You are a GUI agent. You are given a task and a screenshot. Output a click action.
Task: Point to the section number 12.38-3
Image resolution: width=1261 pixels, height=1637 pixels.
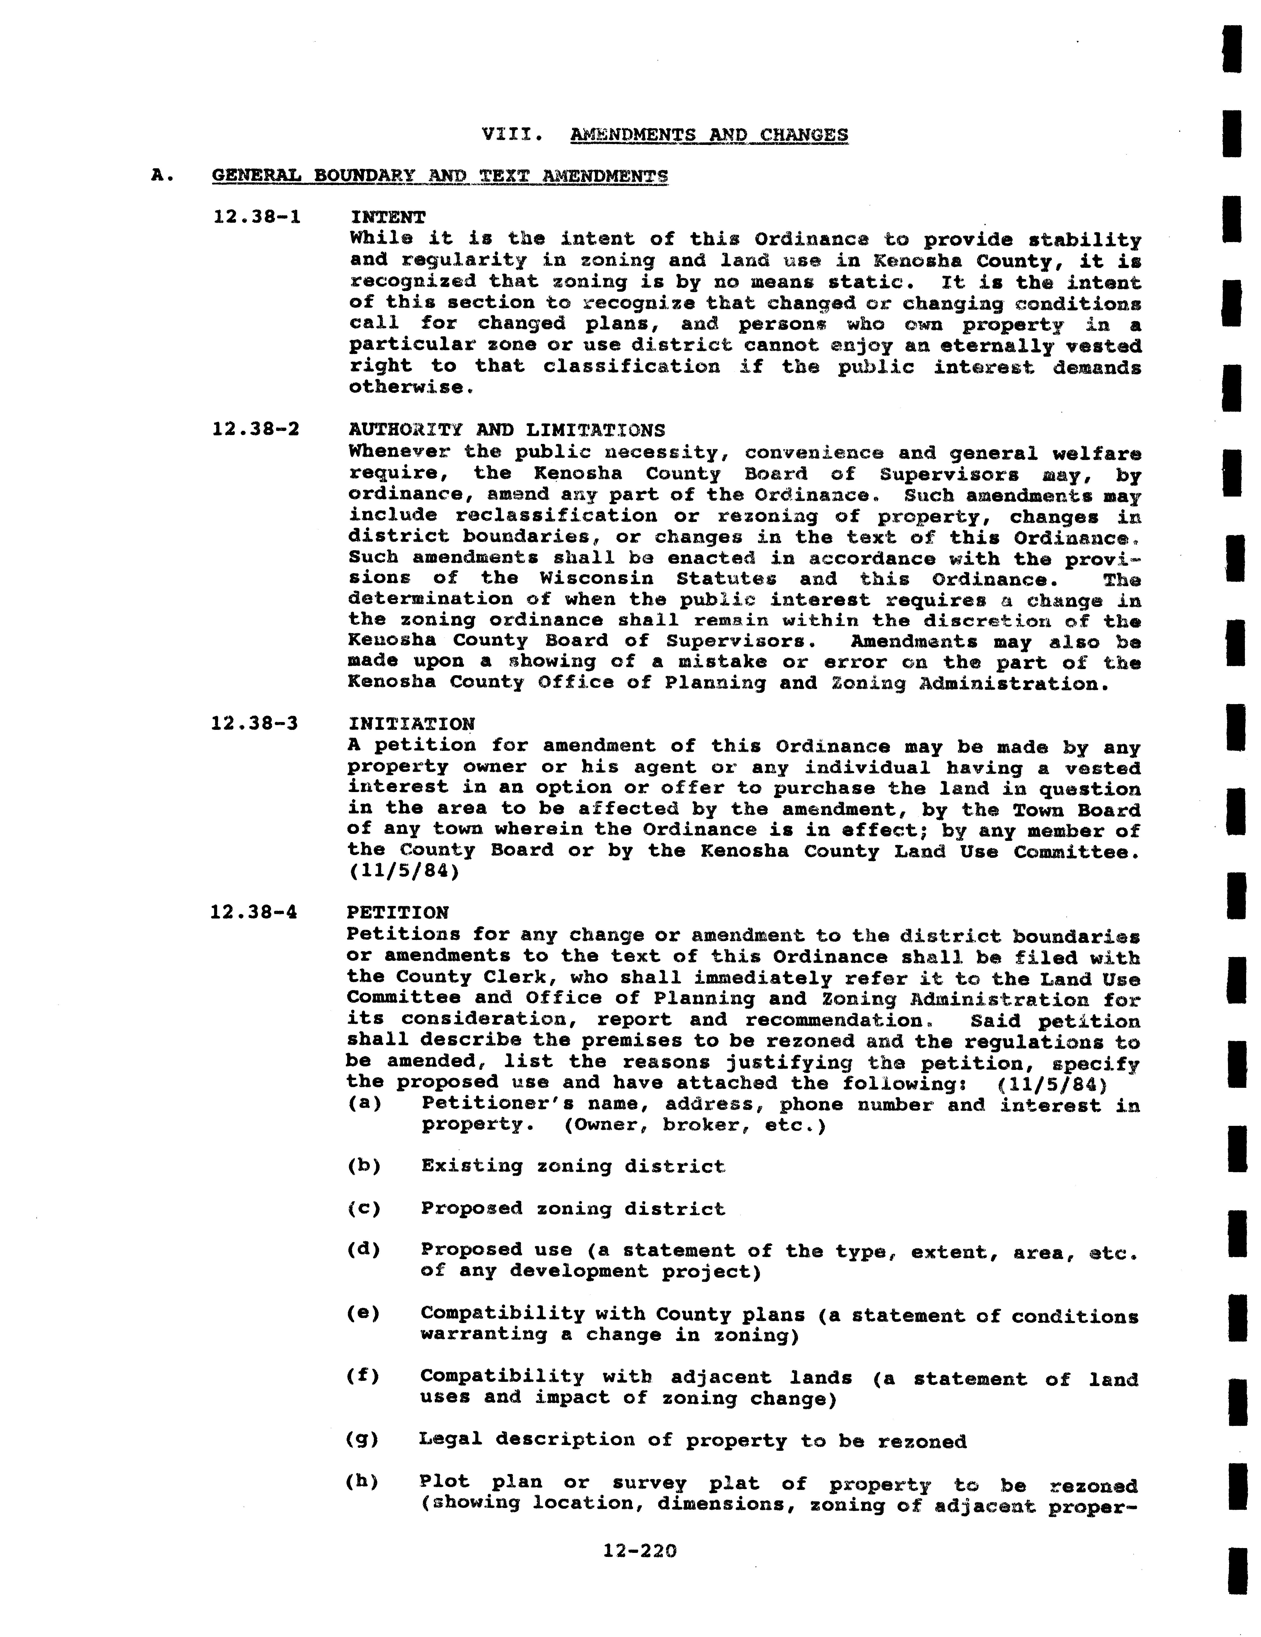255,723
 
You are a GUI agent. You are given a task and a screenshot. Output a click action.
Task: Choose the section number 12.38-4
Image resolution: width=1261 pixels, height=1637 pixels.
254,912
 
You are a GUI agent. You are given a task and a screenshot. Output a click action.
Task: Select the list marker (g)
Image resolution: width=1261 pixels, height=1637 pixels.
363,1440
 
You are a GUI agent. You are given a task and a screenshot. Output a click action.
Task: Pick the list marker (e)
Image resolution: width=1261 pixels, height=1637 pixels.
363,1313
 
